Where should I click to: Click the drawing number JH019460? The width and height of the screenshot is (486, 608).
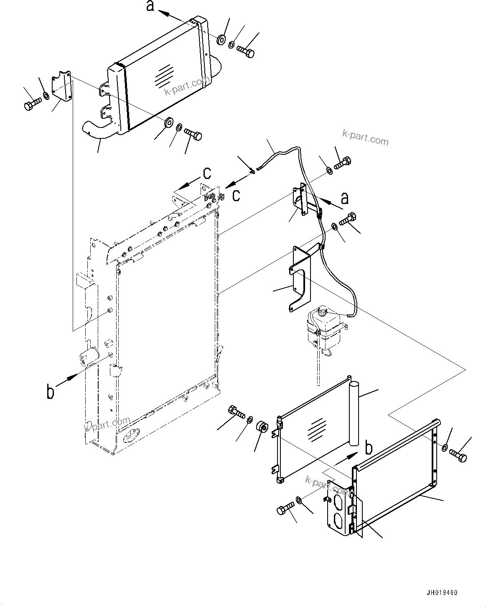pyautogui.click(x=442, y=593)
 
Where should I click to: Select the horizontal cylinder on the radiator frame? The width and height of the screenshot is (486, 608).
pyautogui.click(x=90, y=357)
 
